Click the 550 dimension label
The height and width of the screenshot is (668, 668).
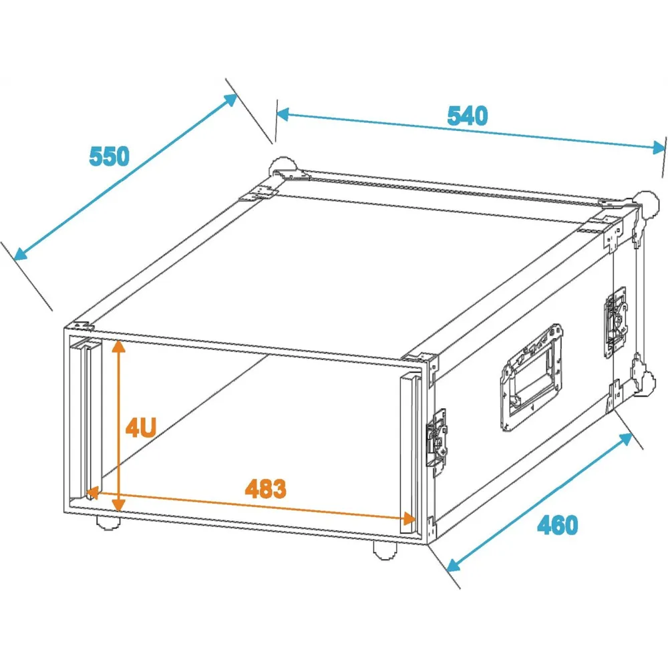point(109,156)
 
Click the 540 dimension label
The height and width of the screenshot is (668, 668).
point(468,116)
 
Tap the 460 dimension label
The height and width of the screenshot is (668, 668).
point(557,525)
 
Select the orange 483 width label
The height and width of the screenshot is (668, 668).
point(265,489)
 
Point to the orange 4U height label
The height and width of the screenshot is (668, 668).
point(140,428)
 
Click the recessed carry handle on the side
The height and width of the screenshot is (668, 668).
point(531,377)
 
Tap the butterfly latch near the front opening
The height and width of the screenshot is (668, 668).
point(437,439)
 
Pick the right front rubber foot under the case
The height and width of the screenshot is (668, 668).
point(385,550)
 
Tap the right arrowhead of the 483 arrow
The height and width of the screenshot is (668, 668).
point(409,518)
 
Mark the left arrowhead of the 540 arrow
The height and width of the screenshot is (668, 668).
point(283,114)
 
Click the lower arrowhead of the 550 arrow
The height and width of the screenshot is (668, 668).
point(20,254)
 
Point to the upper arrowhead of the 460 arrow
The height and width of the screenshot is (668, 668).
point(625,439)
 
